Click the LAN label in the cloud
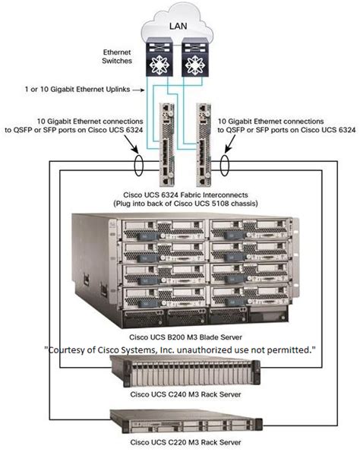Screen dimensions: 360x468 [178, 26]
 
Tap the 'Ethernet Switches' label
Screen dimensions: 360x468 [117, 56]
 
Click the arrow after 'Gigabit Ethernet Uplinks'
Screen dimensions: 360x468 [139, 90]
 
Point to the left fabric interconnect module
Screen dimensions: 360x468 [167, 145]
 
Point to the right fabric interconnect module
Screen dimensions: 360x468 [204, 145]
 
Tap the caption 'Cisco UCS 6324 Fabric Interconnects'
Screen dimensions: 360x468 [185, 195]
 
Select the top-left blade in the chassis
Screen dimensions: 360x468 [163, 229]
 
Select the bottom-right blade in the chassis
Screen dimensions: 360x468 [249, 296]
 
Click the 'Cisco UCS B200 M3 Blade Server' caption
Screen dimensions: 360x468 [185, 337]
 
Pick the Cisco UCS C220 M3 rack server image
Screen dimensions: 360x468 [186, 421]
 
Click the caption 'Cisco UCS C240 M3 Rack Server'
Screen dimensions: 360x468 [185, 394]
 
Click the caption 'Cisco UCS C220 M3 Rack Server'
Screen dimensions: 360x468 [185, 442]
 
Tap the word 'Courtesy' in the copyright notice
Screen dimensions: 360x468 [66, 350]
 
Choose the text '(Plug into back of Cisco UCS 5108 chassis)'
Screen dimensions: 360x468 [185, 204]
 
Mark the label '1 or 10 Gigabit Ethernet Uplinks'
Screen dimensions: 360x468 [77, 89]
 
